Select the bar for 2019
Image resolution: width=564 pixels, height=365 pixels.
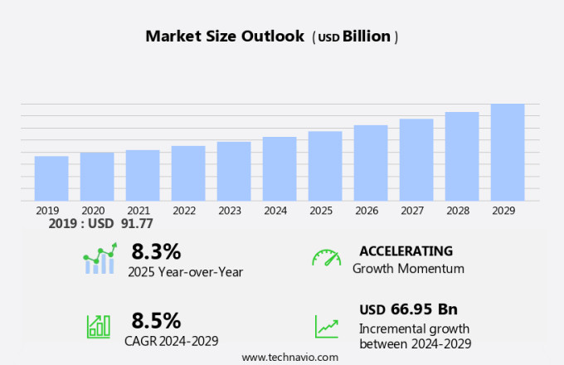pos(51,178)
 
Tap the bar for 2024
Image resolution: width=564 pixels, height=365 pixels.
pos(280,168)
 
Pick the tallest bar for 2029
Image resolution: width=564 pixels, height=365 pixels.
pos(508,152)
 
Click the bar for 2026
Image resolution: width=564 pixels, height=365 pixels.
pos(371,163)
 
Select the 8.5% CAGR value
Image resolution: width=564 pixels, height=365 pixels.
pos(156,320)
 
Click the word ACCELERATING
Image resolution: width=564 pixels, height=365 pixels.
pos(406,251)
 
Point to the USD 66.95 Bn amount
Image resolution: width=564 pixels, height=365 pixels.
pos(408,309)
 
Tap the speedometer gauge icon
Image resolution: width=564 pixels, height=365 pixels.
pos(326,258)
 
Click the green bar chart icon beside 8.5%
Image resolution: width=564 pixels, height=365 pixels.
pos(98,326)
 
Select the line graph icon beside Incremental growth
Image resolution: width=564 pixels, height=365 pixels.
pos(326,326)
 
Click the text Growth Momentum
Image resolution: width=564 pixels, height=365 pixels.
pos(408,269)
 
